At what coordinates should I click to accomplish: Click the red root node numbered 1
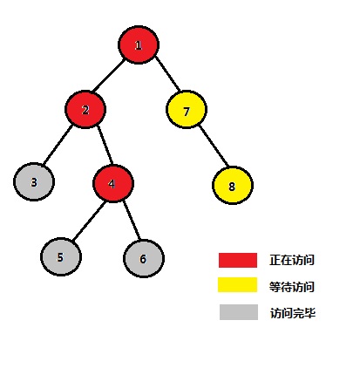(139, 44)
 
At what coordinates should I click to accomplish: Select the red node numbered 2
(85, 110)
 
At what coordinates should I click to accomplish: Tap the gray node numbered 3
(34, 182)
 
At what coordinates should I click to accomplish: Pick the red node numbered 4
(113, 183)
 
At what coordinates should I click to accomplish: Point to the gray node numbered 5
(61, 256)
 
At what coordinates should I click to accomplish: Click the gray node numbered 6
(144, 258)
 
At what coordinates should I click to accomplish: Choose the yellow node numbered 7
(187, 110)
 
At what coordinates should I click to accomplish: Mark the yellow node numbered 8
(233, 185)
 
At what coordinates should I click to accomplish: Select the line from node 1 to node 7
(167, 73)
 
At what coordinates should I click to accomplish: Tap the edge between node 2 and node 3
(58, 145)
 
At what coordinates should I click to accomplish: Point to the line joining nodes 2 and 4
(105, 145)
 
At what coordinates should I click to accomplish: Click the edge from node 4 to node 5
(89, 221)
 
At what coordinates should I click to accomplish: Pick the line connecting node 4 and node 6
(132, 220)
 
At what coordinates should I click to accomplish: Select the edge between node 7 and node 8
(214, 146)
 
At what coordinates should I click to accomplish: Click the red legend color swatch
(238, 260)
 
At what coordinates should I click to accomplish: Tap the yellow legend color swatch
(238, 284)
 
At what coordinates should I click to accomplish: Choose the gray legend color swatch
(239, 312)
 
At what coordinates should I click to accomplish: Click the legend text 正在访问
(292, 260)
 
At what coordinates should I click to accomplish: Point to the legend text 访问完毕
(293, 313)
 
